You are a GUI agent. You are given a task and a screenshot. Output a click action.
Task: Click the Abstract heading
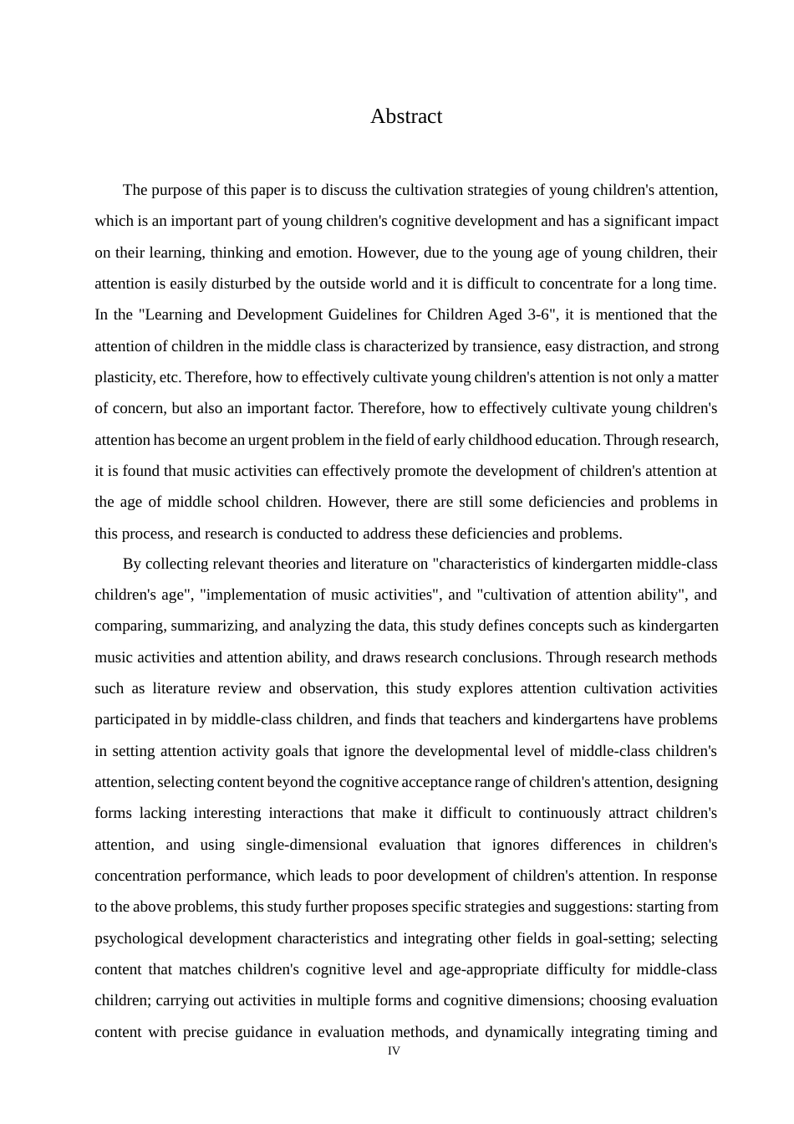(405, 116)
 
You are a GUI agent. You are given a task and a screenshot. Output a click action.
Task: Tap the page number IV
(394, 1050)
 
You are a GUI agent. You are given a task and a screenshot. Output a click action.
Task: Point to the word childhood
(522, 440)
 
